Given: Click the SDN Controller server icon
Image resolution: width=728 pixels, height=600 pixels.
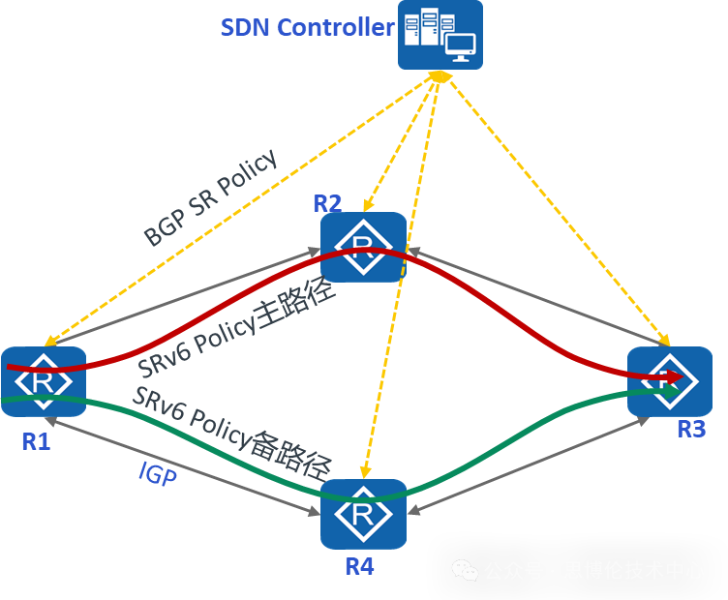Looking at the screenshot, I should point(440,35).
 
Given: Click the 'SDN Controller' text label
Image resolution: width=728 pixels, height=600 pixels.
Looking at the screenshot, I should point(307,27).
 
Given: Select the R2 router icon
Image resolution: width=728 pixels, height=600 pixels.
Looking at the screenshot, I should point(363,247).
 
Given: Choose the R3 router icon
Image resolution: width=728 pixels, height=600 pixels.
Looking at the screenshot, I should point(669,381).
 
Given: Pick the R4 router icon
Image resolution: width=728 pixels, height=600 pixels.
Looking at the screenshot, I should point(363,513).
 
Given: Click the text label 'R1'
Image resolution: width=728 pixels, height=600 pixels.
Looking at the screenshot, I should point(35,441).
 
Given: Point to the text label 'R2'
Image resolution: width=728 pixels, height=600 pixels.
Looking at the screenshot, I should point(327,203).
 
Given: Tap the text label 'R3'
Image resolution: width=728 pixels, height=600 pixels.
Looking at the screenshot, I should point(691,429).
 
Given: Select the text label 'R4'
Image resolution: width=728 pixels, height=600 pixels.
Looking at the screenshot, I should point(359,566).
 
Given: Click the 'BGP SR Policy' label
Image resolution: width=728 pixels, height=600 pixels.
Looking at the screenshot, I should point(210,197).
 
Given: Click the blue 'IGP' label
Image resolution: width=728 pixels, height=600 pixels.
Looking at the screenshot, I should point(158,473).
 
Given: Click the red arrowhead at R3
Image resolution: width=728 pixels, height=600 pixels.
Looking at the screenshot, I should point(675,375).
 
